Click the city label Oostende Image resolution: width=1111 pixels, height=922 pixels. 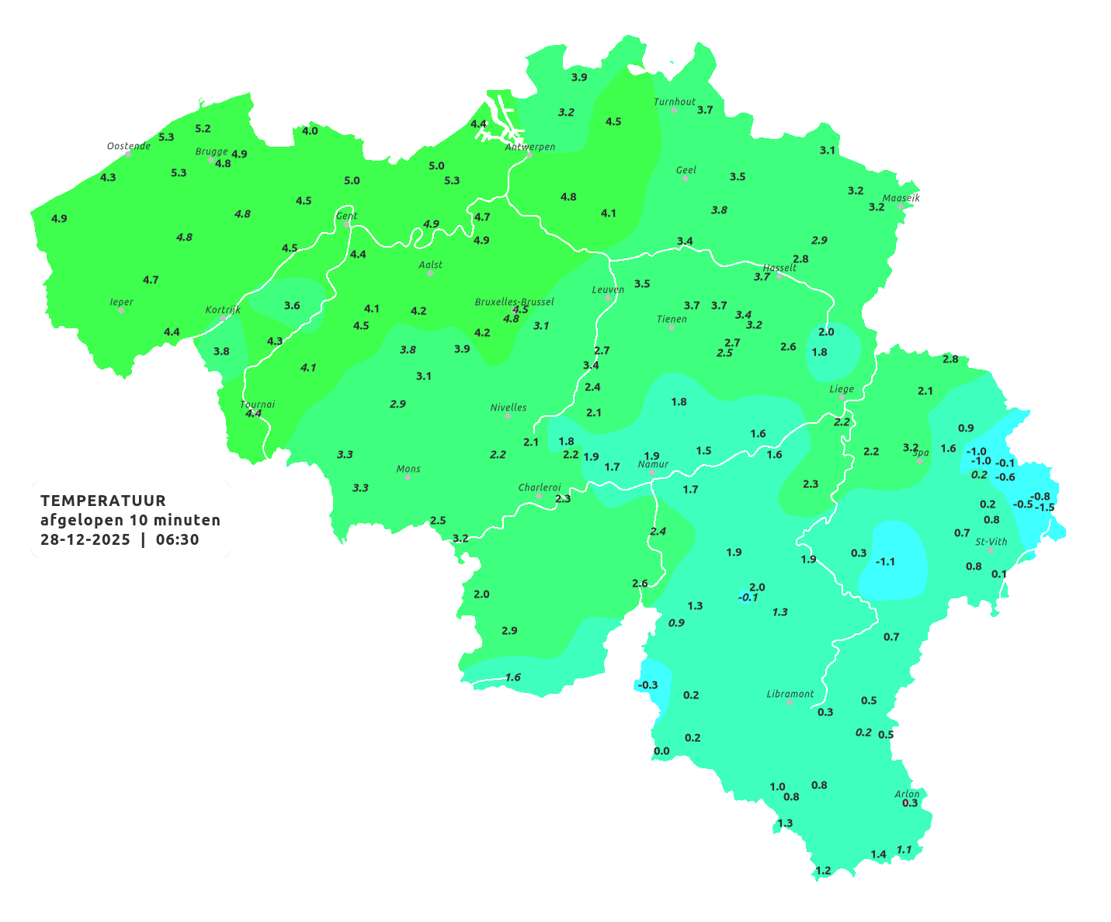tap(128, 146)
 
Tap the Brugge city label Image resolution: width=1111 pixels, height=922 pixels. tap(211, 151)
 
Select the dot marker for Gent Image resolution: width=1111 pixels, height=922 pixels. tap(346, 224)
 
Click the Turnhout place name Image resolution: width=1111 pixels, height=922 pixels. tap(675, 102)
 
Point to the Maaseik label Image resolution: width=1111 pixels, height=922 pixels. tap(901, 198)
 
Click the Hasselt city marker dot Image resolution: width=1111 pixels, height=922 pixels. tap(779, 276)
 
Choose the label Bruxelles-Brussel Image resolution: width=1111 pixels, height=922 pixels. tap(514, 301)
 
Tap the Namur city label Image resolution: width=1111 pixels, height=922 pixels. tap(653, 464)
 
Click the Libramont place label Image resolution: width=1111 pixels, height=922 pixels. tap(790, 694)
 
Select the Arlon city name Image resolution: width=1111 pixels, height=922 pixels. tap(907, 793)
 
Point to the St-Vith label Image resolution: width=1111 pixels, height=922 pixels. tap(991, 542)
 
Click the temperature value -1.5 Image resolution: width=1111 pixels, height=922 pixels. tap(1045, 508)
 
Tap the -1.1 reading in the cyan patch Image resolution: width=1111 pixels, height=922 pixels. tap(885, 561)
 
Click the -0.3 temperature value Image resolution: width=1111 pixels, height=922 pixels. tap(647, 685)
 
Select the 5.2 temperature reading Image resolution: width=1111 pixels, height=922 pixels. tap(203, 128)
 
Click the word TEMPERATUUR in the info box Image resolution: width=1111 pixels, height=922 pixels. tap(103, 501)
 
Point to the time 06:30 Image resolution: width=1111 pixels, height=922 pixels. tap(177, 539)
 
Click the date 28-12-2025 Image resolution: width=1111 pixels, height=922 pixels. tap(85, 539)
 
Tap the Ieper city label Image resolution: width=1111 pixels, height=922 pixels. tap(121, 302)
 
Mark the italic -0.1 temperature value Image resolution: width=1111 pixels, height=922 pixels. tap(748, 597)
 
